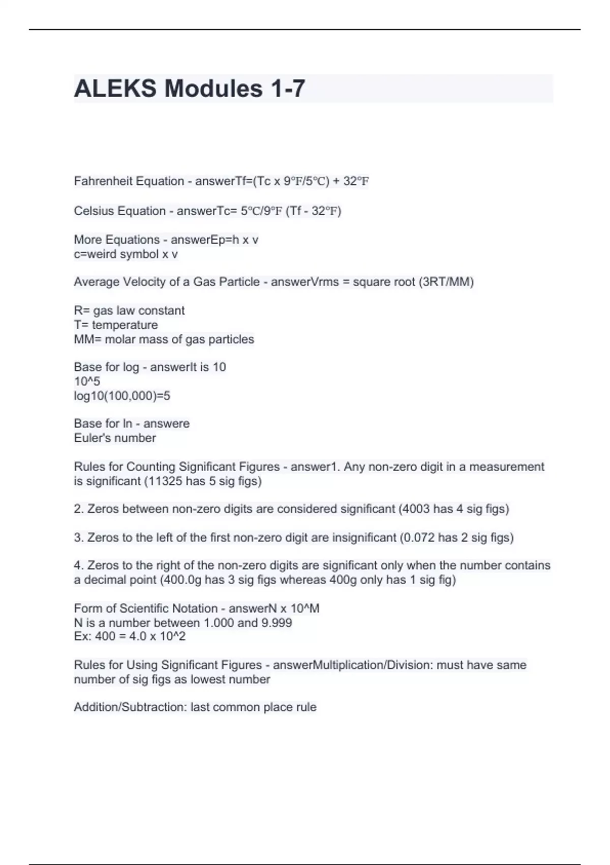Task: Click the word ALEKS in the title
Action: [115, 89]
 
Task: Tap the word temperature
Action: [125, 325]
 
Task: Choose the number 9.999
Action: [277, 622]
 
